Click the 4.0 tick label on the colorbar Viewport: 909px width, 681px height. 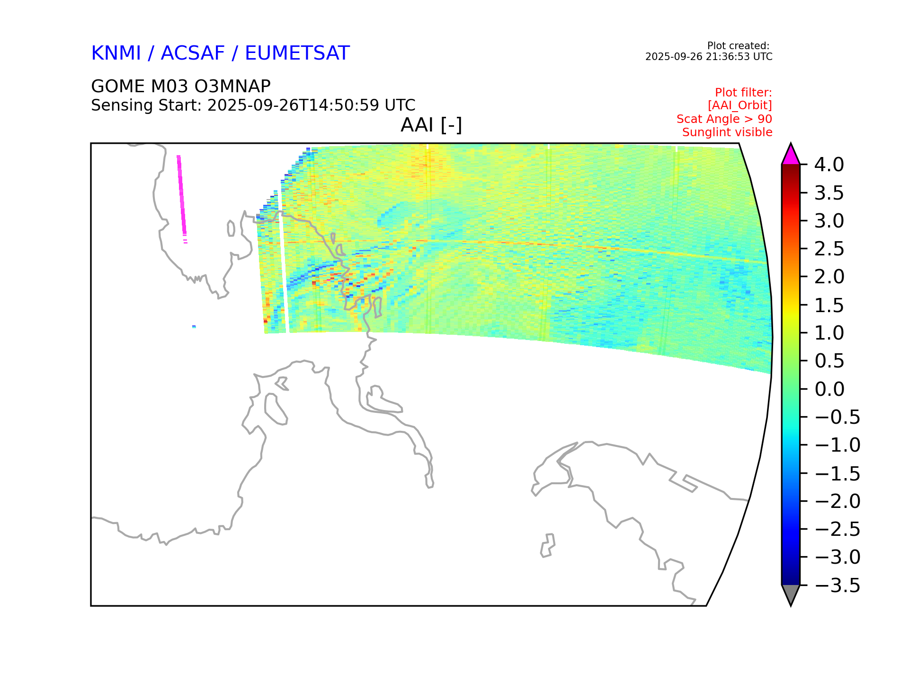coord(829,165)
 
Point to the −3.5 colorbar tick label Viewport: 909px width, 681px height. coord(837,585)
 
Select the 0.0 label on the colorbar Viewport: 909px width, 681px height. coord(829,389)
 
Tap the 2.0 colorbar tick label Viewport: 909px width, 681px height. coord(829,277)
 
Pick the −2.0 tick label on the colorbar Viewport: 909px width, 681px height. coord(837,501)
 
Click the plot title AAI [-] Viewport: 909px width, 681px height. coord(431,125)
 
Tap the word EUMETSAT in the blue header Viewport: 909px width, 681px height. coord(297,53)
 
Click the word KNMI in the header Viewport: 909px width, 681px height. coord(116,53)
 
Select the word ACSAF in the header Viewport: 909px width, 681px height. coord(193,53)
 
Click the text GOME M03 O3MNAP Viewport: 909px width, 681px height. coord(181,87)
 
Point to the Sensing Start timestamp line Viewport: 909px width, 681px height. coord(253,105)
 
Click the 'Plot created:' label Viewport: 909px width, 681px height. coord(739,46)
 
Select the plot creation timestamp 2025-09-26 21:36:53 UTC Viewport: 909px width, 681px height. coord(709,57)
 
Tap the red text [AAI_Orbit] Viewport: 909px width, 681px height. coord(740,105)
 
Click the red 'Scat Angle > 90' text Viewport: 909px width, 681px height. coord(724,119)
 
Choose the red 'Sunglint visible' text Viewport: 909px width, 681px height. coord(727,132)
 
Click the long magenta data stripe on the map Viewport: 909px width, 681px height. coord(181,195)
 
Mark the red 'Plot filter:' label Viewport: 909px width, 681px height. coord(743,92)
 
